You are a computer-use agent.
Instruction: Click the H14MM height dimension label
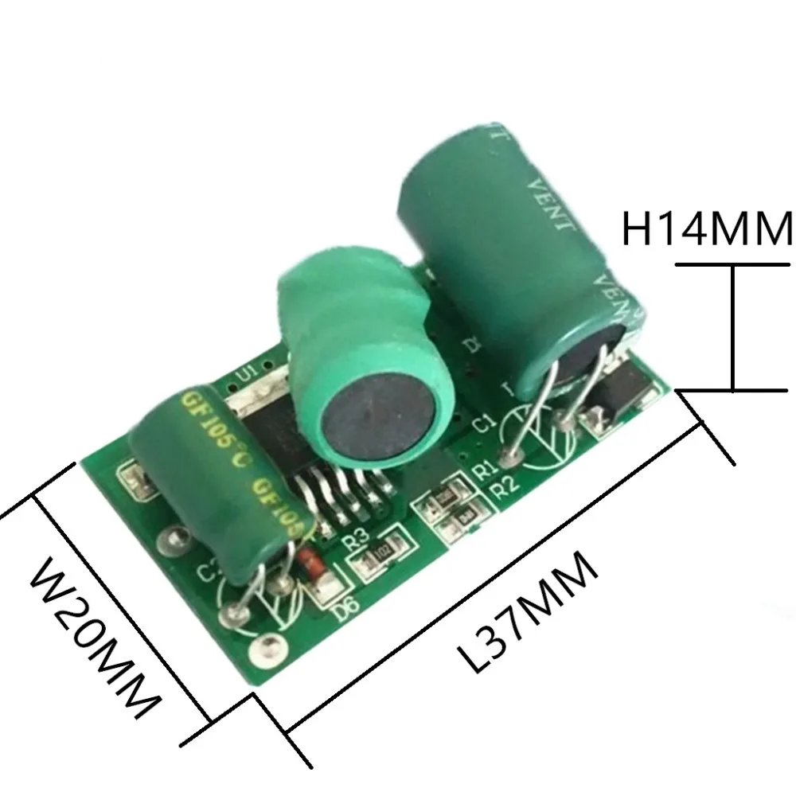[707, 229]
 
